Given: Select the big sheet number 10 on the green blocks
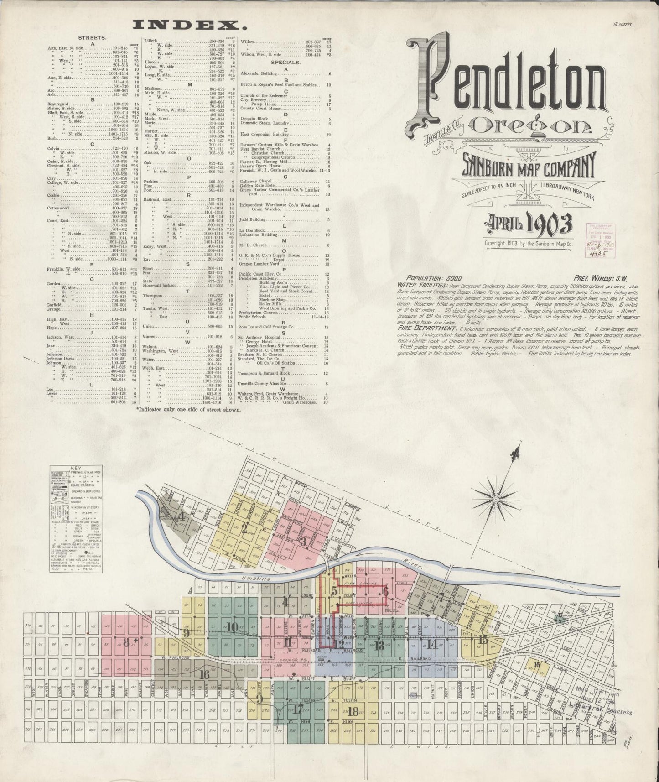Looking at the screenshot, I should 232,626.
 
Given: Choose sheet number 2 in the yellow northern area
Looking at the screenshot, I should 245,529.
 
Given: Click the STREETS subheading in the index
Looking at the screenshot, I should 93,38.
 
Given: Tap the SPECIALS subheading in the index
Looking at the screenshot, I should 285,62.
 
